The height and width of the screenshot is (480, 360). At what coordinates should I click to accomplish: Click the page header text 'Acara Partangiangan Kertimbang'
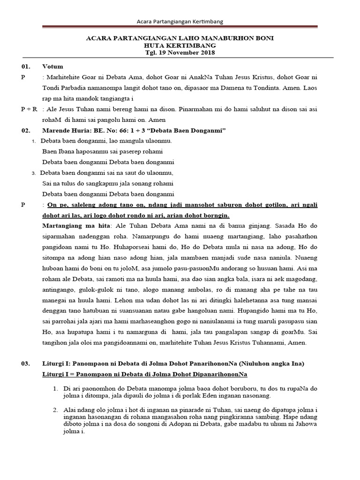180,22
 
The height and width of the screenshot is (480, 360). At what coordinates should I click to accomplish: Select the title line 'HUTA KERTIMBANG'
180,45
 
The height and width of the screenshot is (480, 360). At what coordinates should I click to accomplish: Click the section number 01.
26,67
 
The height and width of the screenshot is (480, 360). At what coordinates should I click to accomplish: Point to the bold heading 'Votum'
52,67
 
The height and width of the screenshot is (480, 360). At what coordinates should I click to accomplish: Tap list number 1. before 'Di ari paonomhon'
55,389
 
